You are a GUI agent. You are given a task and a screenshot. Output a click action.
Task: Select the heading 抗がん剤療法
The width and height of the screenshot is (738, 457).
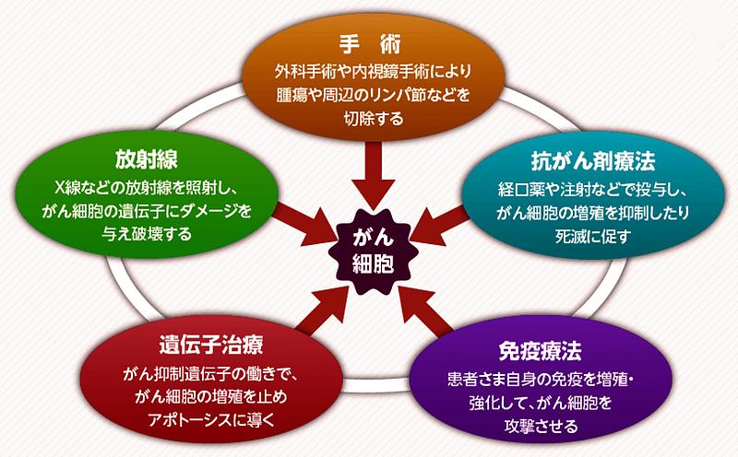(579, 162)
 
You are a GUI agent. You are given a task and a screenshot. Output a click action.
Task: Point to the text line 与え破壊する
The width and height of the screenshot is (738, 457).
(146, 233)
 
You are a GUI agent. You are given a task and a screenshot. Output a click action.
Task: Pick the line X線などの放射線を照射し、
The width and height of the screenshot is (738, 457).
(146, 189)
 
